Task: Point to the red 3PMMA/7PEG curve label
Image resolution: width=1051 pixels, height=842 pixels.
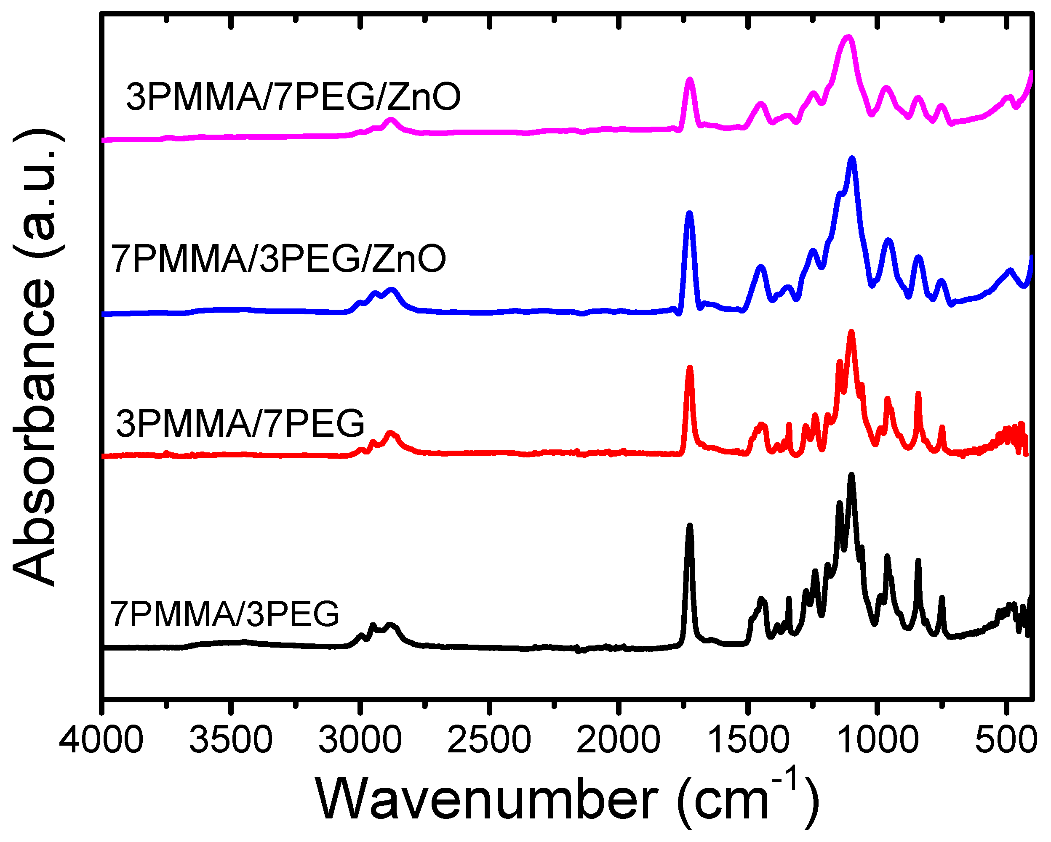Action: pyautogui.click(x=240, y=423)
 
